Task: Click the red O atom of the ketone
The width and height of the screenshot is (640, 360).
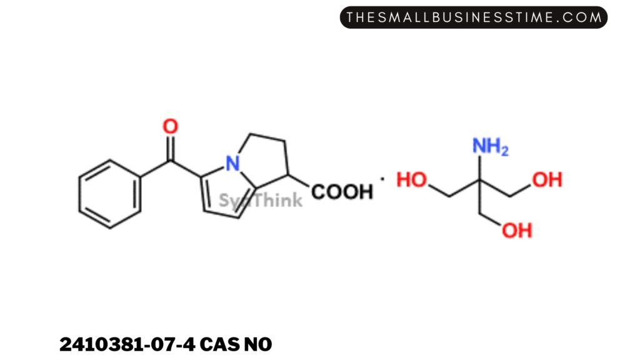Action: click(170, 126)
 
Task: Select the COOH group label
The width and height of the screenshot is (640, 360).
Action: click(342, 192)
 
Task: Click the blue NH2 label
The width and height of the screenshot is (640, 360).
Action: click(490, 146)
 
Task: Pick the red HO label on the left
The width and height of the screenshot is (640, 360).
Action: click(412, 179)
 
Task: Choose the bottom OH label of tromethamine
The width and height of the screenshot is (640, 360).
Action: click(517, 231)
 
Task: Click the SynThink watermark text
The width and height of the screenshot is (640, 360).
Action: click(261, 200)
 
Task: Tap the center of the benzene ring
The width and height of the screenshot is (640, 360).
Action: click(110, 194)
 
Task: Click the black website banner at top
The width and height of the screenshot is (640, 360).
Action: click(474, 17)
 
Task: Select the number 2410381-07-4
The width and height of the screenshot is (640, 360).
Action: click(127, 344)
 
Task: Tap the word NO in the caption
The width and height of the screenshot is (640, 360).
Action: click(258, 344)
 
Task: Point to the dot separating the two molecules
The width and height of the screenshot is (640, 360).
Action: click(382, 178)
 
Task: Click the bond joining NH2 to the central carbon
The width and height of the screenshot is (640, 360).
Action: click(479, 167)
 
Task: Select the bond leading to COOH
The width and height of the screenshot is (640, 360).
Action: click(299, 181)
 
